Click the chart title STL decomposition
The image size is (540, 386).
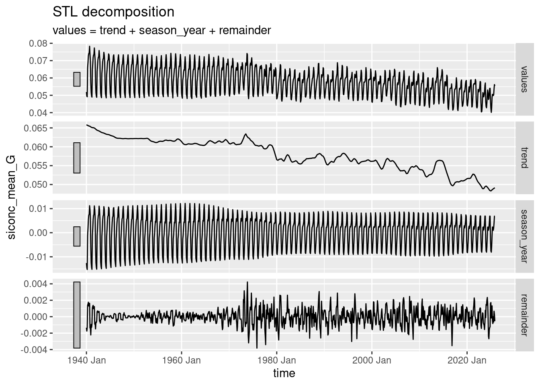tap(113, 12)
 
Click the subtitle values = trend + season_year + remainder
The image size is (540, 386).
tap(162, 30)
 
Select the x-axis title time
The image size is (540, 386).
tap(284, 373)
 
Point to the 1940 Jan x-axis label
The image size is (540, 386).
tap(86, 360)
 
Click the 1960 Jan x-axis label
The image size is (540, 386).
tap(181, 360)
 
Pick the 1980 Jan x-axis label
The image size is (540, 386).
tap(276, 360)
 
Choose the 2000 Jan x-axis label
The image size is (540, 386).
tap(372, 360)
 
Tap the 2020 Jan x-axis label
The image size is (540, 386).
tap(467, 360)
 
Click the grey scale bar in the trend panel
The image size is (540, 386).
tap(77, 158)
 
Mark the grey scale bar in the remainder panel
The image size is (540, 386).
tap(77, 315)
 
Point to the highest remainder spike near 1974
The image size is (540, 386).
tap(247, 282)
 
